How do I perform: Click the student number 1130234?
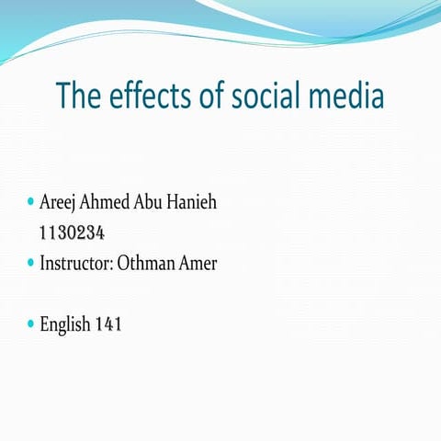pos(77,232)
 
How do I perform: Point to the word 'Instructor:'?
pos(77,263)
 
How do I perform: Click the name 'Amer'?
pos(203,263)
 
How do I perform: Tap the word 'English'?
pos(65,324)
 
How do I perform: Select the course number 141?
pos(108,324)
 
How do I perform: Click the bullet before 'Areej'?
pos(30,200)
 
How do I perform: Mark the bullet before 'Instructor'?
pos(30,262)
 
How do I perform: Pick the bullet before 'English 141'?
pos(30,323)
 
